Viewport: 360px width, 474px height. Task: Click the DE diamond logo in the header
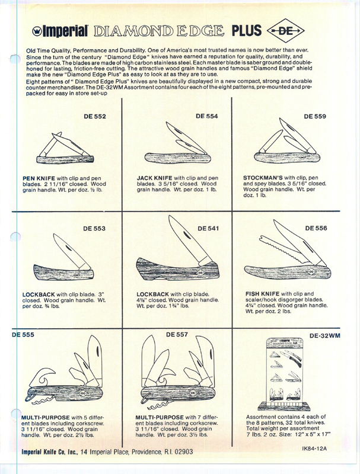point(286,30)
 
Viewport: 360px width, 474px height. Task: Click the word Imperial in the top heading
point(65,31)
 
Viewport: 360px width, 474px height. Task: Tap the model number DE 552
point(95,116)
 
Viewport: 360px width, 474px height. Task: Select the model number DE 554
point(206,116)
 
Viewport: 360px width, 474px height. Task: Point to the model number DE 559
point(315,116)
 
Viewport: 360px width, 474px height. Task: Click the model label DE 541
point(208,229)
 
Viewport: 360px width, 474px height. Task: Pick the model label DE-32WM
point(324,335)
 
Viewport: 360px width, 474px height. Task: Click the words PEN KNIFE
point(39,178)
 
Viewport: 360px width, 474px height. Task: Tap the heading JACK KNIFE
point(154,178)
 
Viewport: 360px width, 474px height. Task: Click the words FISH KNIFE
point(262,293)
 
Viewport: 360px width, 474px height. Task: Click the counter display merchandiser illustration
point(284,374)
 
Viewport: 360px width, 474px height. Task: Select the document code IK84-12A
point(314,449)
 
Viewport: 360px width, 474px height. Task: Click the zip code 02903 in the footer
point(184,452)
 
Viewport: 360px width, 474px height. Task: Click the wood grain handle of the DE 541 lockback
point(177,270)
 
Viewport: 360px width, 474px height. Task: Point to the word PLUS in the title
point(247,31)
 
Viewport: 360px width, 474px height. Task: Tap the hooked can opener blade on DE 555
point(42,376)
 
